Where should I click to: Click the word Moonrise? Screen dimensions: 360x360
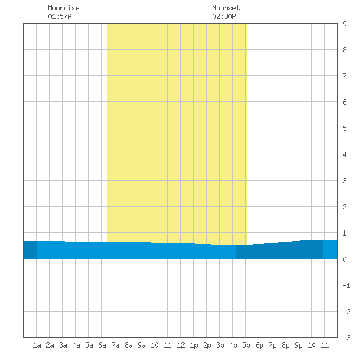tap(63, 8)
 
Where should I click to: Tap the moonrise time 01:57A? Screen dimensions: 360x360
tap(60, 16)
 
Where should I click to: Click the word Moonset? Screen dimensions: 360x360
tap(226, 8)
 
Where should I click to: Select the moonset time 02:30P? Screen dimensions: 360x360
tap(224, 16)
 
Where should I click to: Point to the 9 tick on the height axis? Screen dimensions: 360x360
tap(344, 24)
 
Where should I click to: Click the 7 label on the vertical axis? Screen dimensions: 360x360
tap(344, 76)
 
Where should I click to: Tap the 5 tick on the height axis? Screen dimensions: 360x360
tap(344, 128)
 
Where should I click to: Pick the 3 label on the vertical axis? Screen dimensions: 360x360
tap(344, 181)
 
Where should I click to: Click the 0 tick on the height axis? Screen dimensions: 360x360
tap(344, 259)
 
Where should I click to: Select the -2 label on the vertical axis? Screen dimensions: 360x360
tap(346, 312)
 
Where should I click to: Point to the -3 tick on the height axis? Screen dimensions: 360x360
tap(346, 338)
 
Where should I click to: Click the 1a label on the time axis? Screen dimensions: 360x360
tap(37, 345)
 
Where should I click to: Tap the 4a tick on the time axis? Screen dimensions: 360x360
tap(76, 345)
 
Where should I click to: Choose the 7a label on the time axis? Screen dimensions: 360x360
tap(115, 345)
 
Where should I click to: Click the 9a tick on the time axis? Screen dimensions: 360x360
tap(141, 345)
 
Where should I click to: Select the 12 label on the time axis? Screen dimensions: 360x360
tap(181, 345)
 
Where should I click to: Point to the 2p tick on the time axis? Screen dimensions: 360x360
tap(207, 345)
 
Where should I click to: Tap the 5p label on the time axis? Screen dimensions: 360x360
tap(246, 345)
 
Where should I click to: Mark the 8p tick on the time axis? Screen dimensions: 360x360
tap(285, 345)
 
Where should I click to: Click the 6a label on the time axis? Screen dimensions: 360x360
tap(102, 345)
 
